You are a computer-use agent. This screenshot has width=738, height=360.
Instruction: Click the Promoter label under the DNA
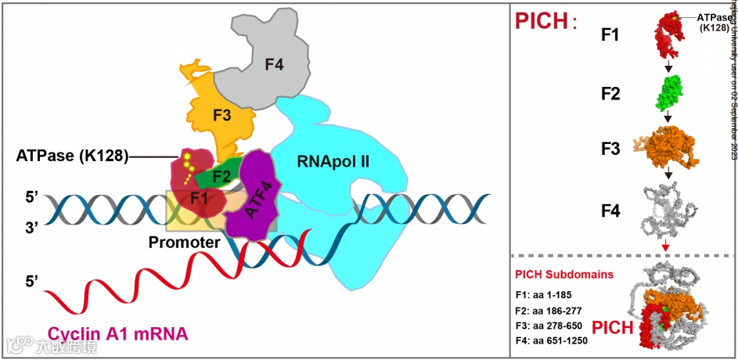click(184, 243)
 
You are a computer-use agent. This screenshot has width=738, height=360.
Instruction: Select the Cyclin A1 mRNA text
click(117, 334)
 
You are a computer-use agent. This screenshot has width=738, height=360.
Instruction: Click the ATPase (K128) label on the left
click(71, 155)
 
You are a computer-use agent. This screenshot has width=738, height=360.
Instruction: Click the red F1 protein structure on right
click(670, 36)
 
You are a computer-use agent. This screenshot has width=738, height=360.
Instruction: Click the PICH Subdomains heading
click(563, 275)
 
